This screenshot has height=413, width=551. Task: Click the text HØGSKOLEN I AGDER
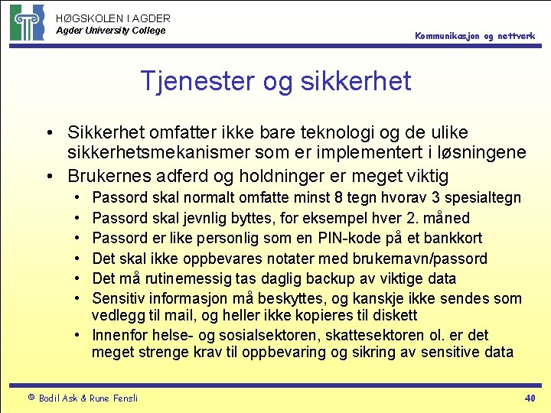[113, 18]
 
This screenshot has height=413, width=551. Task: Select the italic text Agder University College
[110, 31]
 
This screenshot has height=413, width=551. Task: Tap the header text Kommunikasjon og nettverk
[475, 36]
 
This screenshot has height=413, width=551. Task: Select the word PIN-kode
[346, 238]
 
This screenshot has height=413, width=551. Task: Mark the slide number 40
[529, 397]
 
